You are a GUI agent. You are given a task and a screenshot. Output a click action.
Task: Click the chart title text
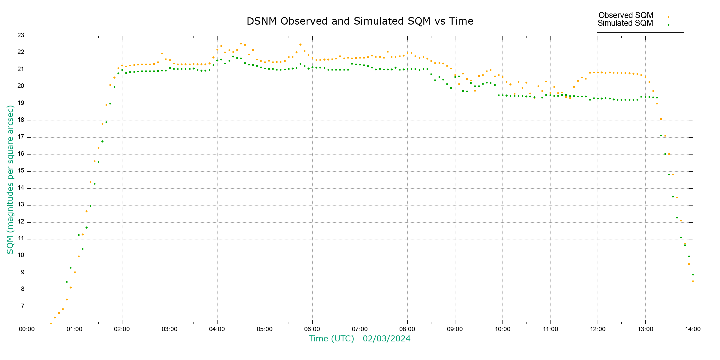360,21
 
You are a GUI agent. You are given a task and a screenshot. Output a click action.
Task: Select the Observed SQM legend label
626,15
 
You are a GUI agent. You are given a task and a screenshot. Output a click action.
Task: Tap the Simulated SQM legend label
625,23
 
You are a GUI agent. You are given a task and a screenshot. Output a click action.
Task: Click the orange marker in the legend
668,17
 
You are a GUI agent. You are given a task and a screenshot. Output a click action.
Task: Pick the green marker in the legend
668,25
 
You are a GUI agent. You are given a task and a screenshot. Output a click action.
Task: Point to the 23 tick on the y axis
21,35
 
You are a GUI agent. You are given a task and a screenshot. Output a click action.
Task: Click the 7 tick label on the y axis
22,306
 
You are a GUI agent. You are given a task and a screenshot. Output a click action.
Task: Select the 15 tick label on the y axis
21,171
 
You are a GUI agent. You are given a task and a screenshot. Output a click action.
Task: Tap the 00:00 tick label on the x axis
27,329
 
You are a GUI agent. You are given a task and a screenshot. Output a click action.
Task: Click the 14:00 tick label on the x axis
693,329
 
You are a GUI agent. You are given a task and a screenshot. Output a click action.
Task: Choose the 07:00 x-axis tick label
360,329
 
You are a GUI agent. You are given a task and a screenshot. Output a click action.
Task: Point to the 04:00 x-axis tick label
217,329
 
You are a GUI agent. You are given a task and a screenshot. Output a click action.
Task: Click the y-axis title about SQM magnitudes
10,179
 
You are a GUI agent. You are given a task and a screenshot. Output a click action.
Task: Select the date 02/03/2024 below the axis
386,339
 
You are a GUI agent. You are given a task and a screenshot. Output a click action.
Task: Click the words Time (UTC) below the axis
331,339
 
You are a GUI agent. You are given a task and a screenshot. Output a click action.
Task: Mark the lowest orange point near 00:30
51,323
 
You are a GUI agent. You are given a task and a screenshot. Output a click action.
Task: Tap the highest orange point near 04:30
241,44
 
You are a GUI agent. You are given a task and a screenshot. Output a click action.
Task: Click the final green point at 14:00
693,274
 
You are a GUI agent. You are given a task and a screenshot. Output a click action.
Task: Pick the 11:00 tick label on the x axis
550,329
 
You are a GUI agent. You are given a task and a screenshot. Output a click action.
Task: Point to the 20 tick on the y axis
21,86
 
